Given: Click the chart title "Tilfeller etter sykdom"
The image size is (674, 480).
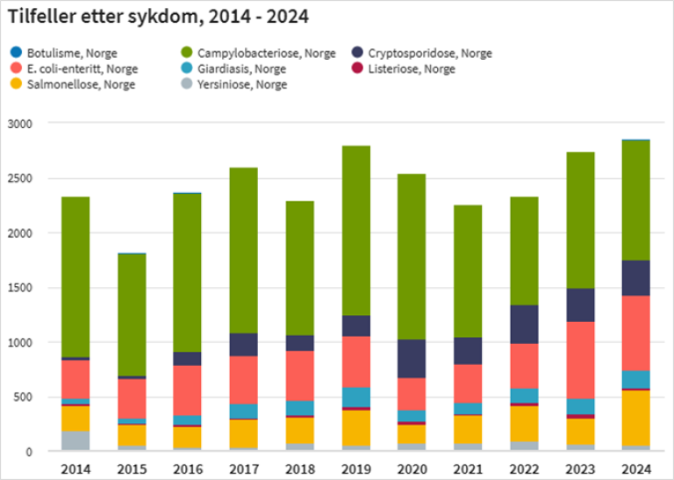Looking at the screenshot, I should tap(158, 17).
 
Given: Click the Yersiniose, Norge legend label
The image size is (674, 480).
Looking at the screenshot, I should tap(242, 84).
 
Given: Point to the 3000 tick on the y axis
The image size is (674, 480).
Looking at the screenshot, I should tap(19, 124).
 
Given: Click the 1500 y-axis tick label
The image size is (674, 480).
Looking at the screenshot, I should tap(19, 288).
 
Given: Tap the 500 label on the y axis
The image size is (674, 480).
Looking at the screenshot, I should tap(23, 397).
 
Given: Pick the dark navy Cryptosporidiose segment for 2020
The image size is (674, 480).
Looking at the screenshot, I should tap(412, 359).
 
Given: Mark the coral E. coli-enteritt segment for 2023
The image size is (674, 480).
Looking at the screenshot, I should tap(580, 361).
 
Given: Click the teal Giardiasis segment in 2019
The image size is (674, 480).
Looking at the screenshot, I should tap(355, 397).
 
